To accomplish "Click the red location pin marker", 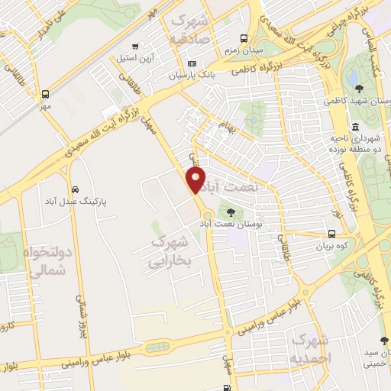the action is (x=196, y=179).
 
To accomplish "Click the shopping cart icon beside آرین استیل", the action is (x=135, y=46).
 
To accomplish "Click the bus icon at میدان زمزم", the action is (x=244, y=38).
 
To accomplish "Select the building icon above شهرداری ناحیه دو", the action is (x=356, y=127).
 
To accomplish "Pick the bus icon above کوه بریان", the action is (x=331, y=234).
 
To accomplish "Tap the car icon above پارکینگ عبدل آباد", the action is (x=74, y=189).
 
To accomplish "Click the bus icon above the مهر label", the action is (x=46, y=95).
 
